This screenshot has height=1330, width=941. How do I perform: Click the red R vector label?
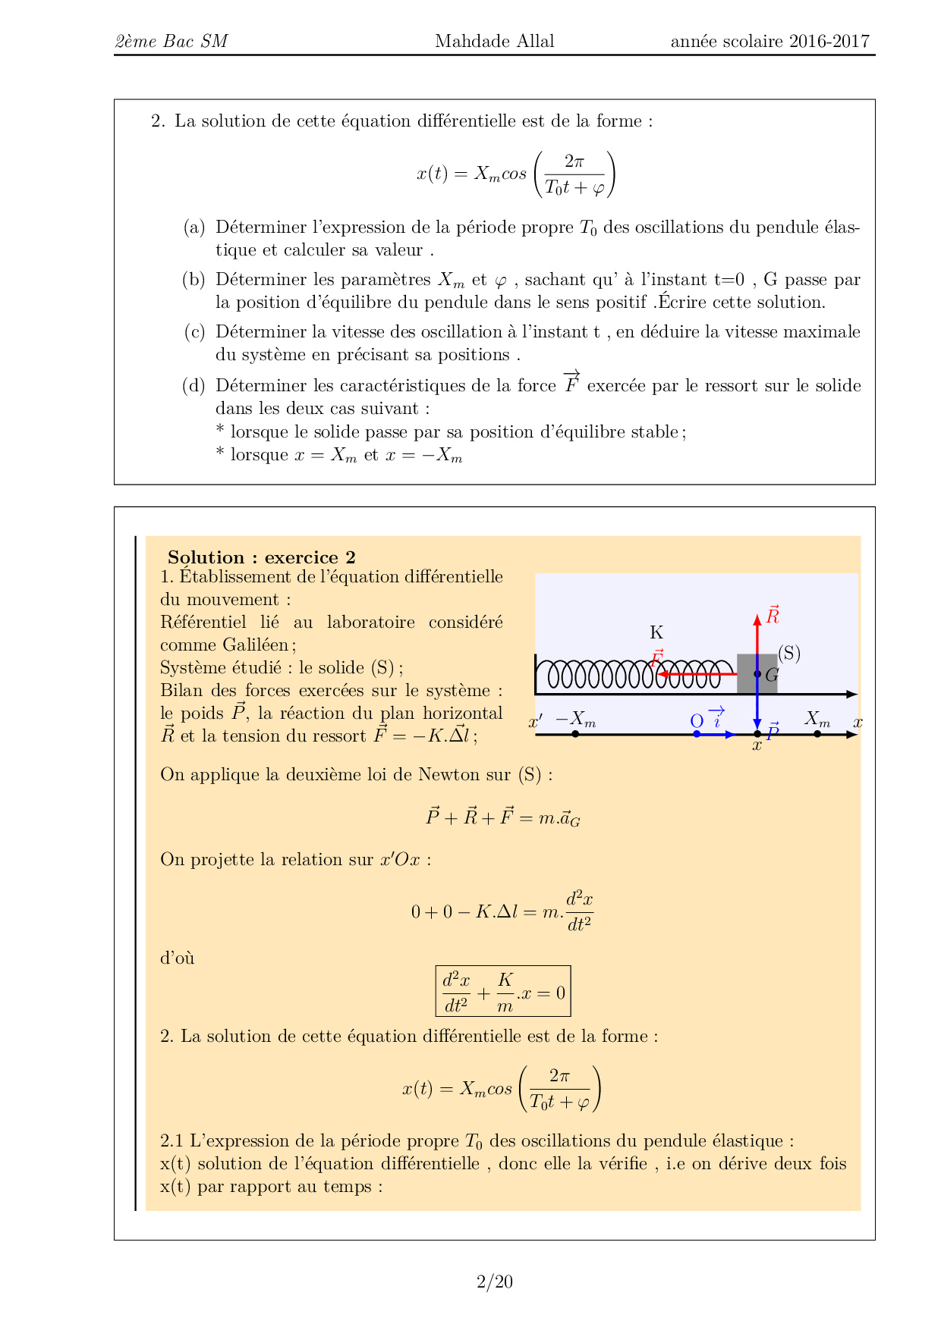coord(773,616)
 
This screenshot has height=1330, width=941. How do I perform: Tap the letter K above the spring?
coord(656,632)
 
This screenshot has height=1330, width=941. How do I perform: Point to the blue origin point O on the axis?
coord(697,733)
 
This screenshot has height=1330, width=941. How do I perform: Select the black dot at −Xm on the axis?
coord(575,733)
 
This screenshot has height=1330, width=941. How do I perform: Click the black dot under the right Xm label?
coord(817,733)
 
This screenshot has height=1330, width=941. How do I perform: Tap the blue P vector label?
coord(773,732)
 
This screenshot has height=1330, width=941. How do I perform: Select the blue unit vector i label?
coord(716,717)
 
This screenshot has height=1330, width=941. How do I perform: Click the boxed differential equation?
coord(503,991)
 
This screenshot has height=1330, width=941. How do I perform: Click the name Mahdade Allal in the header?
coord(494,41)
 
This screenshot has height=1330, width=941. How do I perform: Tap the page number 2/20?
coord(494,1281)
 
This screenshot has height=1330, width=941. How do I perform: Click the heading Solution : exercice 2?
coord(261,557)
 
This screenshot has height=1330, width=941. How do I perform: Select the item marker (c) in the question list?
coord(194,331)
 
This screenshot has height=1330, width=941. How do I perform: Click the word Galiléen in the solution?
coord(255,645)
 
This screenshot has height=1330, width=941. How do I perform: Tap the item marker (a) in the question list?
coord(194,227)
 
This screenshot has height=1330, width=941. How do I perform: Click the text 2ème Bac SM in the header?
coord(172,41)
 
